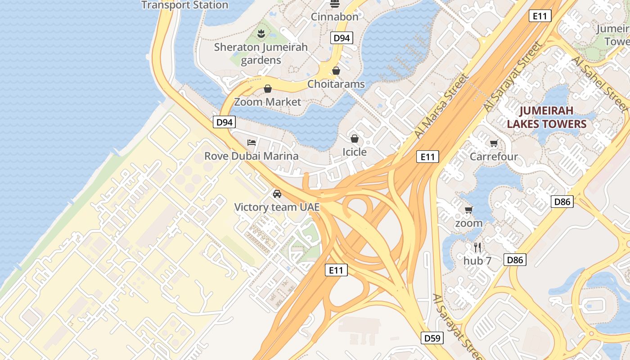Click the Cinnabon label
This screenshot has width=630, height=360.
coord(335,17)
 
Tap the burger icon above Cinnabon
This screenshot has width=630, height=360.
coord(334,4)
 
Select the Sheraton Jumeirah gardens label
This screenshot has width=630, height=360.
coord(261,53)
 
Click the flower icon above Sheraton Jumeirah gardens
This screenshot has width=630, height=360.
coord(261,33)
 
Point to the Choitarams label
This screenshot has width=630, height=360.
coord(336,84)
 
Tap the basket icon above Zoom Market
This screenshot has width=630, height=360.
coord(268,89)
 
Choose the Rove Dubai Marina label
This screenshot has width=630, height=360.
coord(251,156)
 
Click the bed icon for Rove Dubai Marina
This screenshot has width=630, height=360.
coord(252,143)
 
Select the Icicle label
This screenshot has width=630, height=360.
coord(355,152)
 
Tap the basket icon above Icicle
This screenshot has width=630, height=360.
coord(355,139)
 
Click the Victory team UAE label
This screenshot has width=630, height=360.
coord(277,207)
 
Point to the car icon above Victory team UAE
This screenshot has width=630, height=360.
coord(277,194)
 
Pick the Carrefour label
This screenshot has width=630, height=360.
coord(494,157)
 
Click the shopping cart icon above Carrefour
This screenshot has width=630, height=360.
coord(494,144)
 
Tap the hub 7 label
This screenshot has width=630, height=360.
coord(477,261)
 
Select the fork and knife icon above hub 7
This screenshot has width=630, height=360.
coord(477,247)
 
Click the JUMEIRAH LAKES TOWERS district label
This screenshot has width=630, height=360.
coord(547,117)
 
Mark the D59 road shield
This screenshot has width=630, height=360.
coord(432,338)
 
